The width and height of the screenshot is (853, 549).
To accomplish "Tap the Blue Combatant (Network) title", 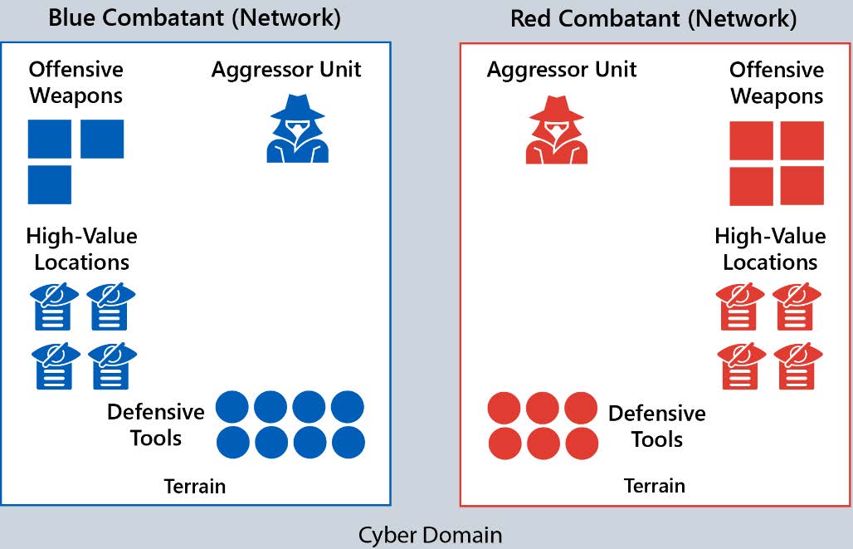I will (194, 18).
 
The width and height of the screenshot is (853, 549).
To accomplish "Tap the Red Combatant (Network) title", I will (654, 18).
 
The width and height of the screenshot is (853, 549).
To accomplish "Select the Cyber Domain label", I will (430, 534).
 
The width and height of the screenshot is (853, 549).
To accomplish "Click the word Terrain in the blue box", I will (194, 486).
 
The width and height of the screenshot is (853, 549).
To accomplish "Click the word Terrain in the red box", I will (655, 486).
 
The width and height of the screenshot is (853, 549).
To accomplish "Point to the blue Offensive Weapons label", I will (76, 82).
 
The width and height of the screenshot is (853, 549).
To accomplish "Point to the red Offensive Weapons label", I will (777, 82).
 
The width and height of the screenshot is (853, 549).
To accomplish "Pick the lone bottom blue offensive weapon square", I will (50, 184).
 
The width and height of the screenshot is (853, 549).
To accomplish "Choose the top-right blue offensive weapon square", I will (102, 139).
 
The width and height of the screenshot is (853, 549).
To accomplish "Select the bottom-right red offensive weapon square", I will (802, 185).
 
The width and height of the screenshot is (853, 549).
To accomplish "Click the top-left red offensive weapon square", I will (752, 140).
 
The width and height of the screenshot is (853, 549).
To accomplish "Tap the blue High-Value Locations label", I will (81, 249).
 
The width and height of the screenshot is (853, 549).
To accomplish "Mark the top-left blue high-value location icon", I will (56, 306).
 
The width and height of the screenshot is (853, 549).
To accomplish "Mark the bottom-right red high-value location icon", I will (797, 366).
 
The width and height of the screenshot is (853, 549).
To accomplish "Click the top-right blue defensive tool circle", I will (347, 408).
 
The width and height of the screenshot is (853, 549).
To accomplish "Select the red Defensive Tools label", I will (656, 426).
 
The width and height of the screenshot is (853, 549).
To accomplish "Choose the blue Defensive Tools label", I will (155, 424).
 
